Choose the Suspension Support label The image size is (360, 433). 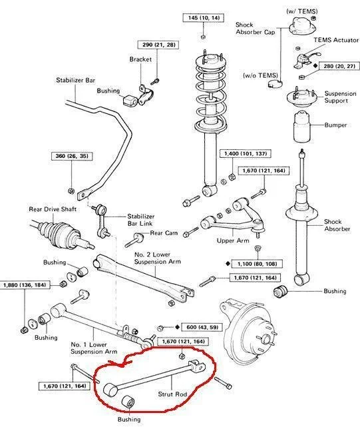(x=339, y=99)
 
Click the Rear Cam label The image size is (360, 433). (x=163, y=233)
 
